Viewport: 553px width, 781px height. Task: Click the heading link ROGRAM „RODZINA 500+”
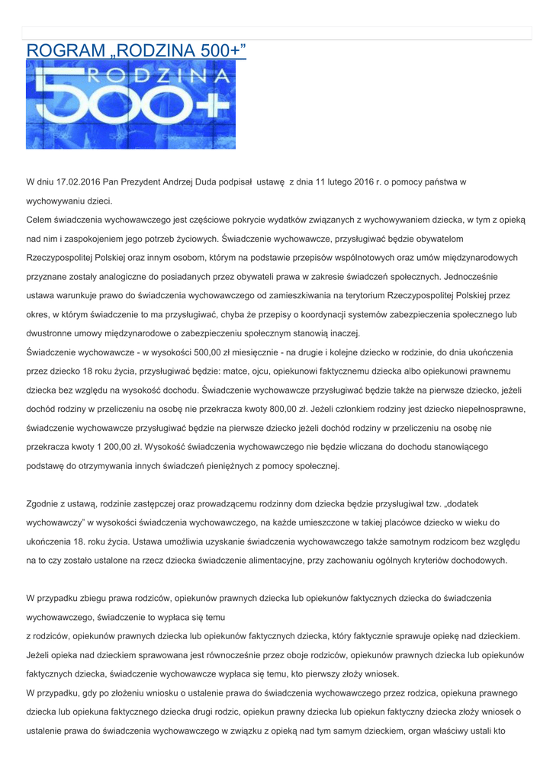click(x=137, y=50)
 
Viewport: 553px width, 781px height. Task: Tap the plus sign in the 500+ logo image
click(x=215, y=115)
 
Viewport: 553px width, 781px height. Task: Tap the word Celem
click(x=40, y=220)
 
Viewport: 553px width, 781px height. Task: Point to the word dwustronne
click(x=50, y=333)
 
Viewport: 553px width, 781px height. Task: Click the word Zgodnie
click(x=44, y=503)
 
